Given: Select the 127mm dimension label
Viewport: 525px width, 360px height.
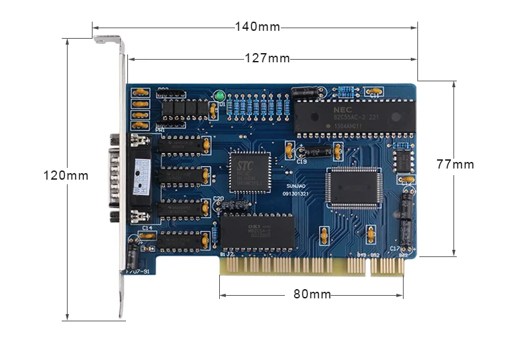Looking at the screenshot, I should pos(267,58).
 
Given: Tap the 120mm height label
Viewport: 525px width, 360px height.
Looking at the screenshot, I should pos(66,175).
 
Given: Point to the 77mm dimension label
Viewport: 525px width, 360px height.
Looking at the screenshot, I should pos(455,165).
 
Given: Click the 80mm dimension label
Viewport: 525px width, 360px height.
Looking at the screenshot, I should pos(312,294).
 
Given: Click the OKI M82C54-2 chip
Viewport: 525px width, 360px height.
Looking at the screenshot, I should pos(257,233).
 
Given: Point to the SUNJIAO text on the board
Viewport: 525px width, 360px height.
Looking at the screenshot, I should pos(294,186).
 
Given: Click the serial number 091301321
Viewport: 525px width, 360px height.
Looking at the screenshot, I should pos(296,194).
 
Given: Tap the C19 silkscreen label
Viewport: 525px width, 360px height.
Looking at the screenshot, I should pos(301,161).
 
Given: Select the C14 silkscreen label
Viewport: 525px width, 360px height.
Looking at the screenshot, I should pos(146,228).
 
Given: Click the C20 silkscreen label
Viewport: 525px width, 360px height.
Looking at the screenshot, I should pos(219,197).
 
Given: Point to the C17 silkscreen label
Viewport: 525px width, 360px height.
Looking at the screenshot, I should pos(394,249).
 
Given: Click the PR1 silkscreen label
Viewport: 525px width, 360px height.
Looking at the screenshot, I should pos(160,130).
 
